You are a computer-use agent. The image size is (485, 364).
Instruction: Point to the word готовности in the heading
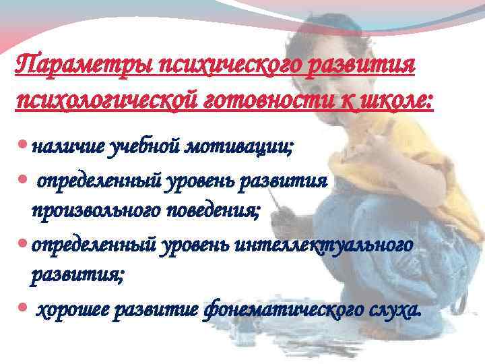[x=252, y=101]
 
